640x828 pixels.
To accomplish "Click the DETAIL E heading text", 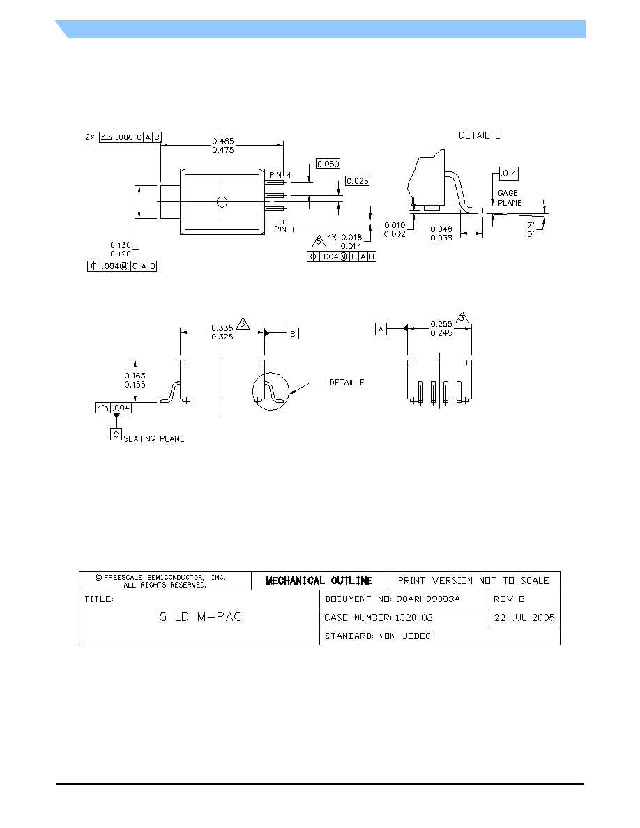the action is (x=479, y=136).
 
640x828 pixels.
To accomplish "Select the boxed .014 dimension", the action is (x=509, y=174).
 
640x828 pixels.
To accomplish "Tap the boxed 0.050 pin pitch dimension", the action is (x=328, y=164).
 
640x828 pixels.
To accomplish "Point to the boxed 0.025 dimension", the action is (x=358, y=181).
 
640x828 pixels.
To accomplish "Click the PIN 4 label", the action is (x=280, y=175).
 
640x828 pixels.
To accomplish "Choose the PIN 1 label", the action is (x=284, y=229).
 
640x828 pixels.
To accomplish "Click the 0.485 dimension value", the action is (x=223, y=141).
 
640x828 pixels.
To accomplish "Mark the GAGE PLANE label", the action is (x=510, y=198).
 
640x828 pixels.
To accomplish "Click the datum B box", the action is (x=293, y=334).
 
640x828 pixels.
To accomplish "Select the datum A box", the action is (x=381, y=329).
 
